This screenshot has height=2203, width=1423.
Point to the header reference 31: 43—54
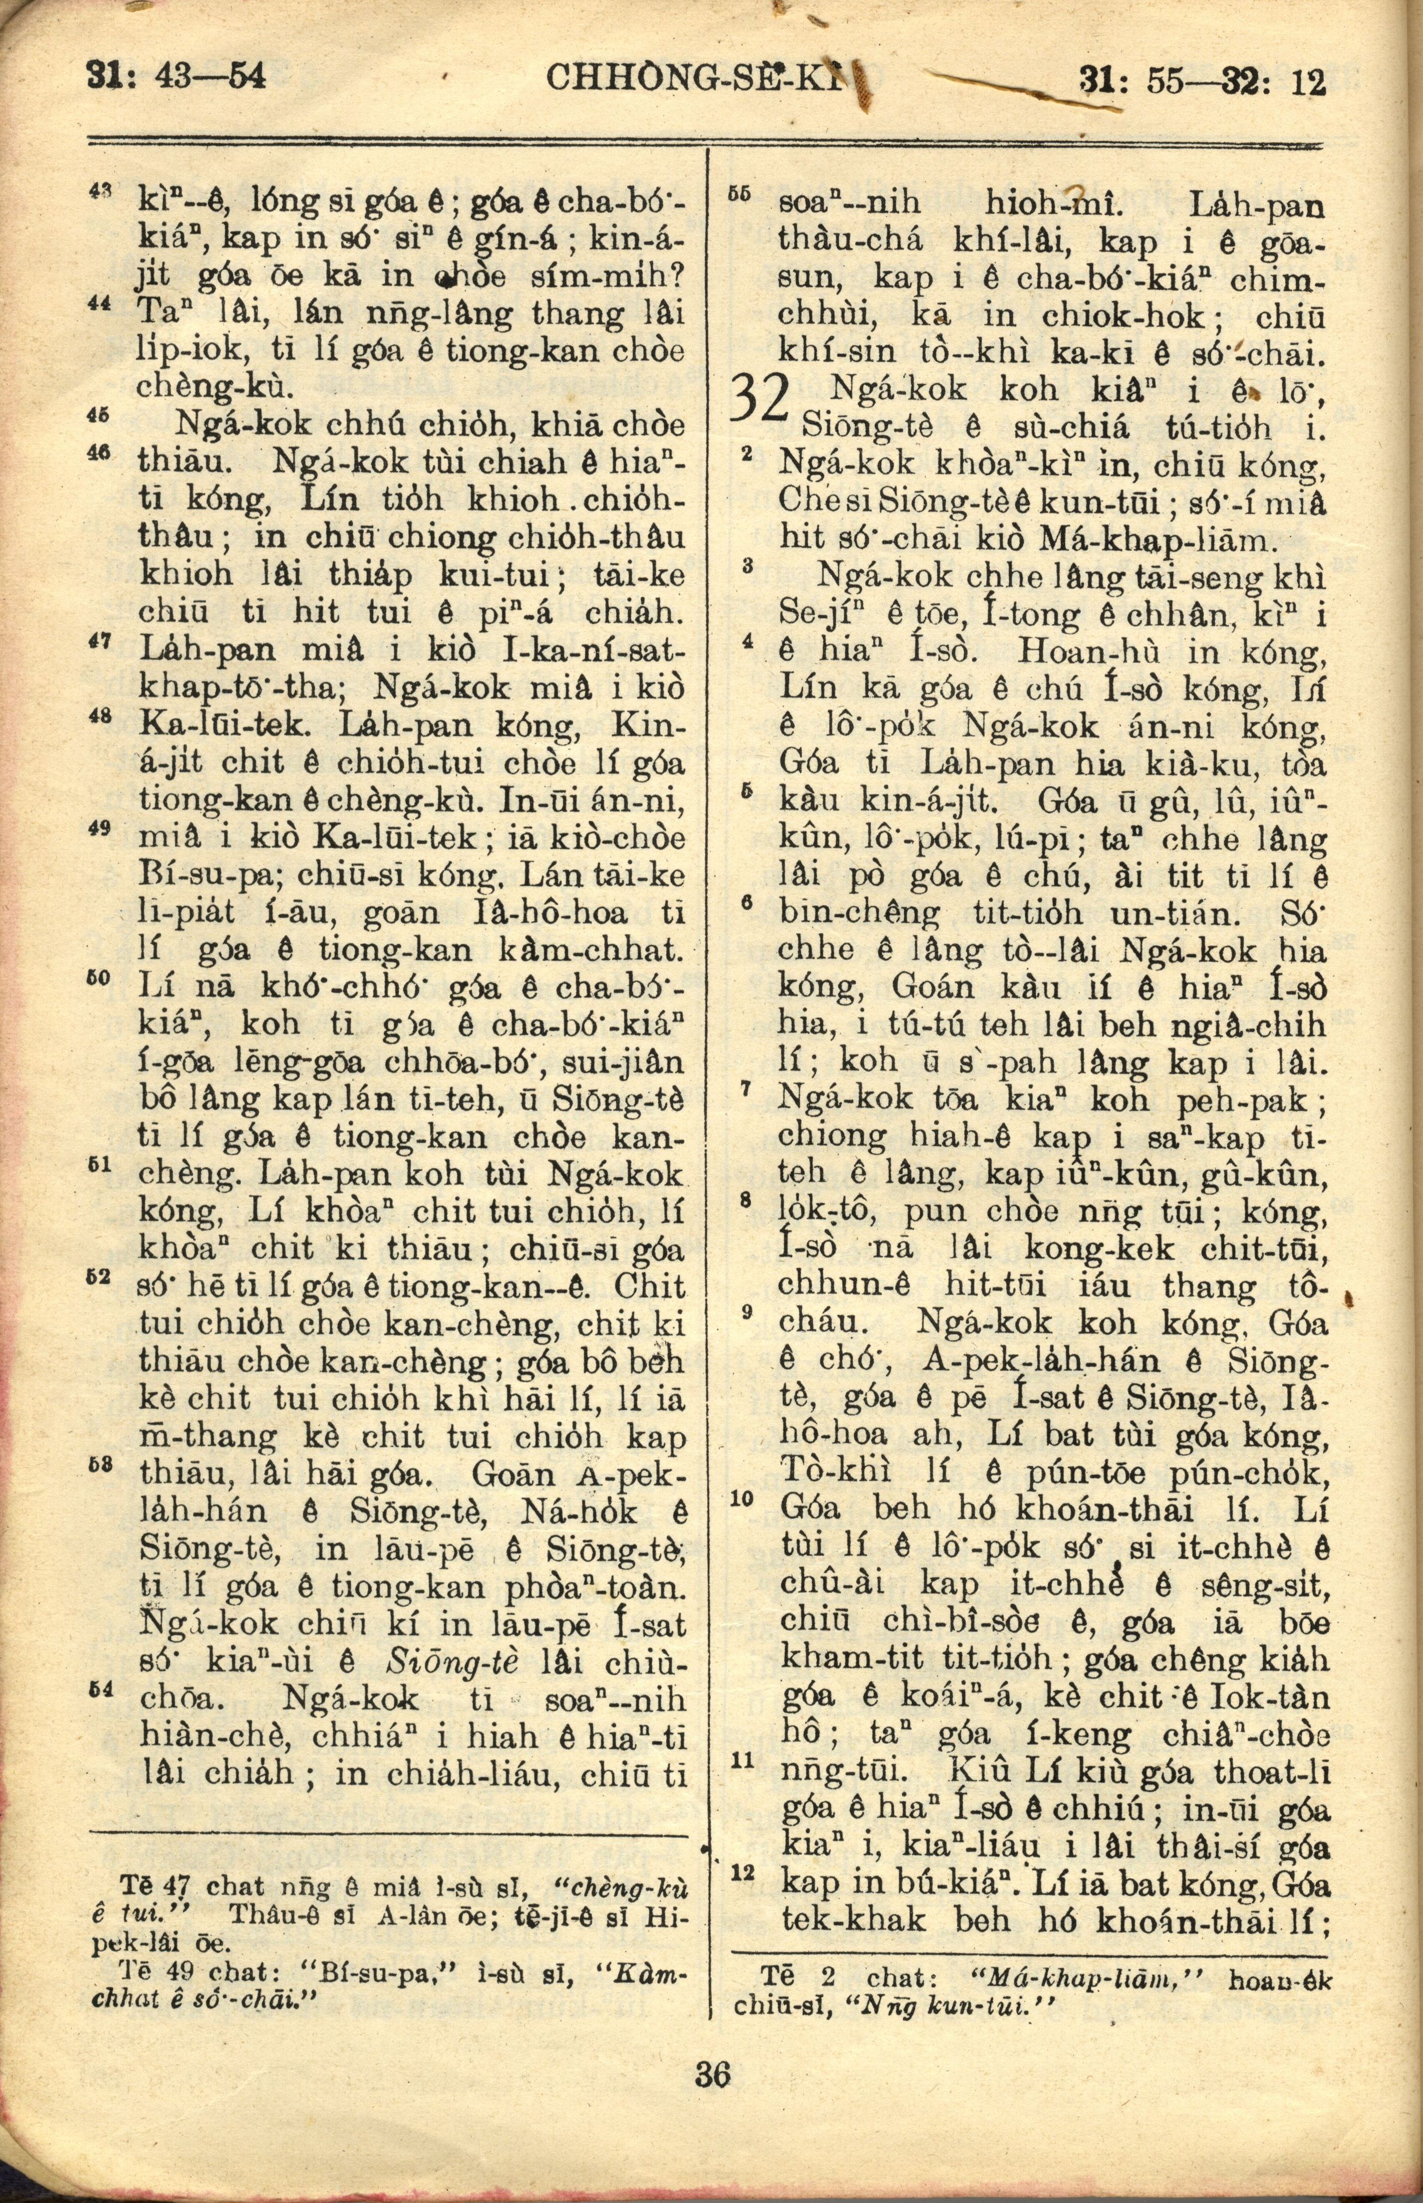click(175, 76)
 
